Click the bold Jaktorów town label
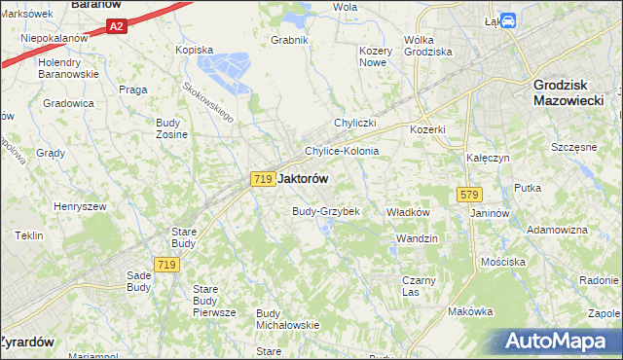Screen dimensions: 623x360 tap(303, 179)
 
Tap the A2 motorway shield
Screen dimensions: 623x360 tap(116, 27)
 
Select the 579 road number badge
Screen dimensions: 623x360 tap(464, 196)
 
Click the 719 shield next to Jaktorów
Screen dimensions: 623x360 tap(261, 179)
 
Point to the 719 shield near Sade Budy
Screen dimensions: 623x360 tap(166, 264)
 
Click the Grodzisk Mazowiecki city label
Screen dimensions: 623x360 tap(569, 91)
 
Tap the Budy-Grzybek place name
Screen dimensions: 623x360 tap(326, 211)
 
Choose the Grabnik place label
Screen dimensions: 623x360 tap(290, 40)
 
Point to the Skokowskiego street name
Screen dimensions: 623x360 tap(208, 101)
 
